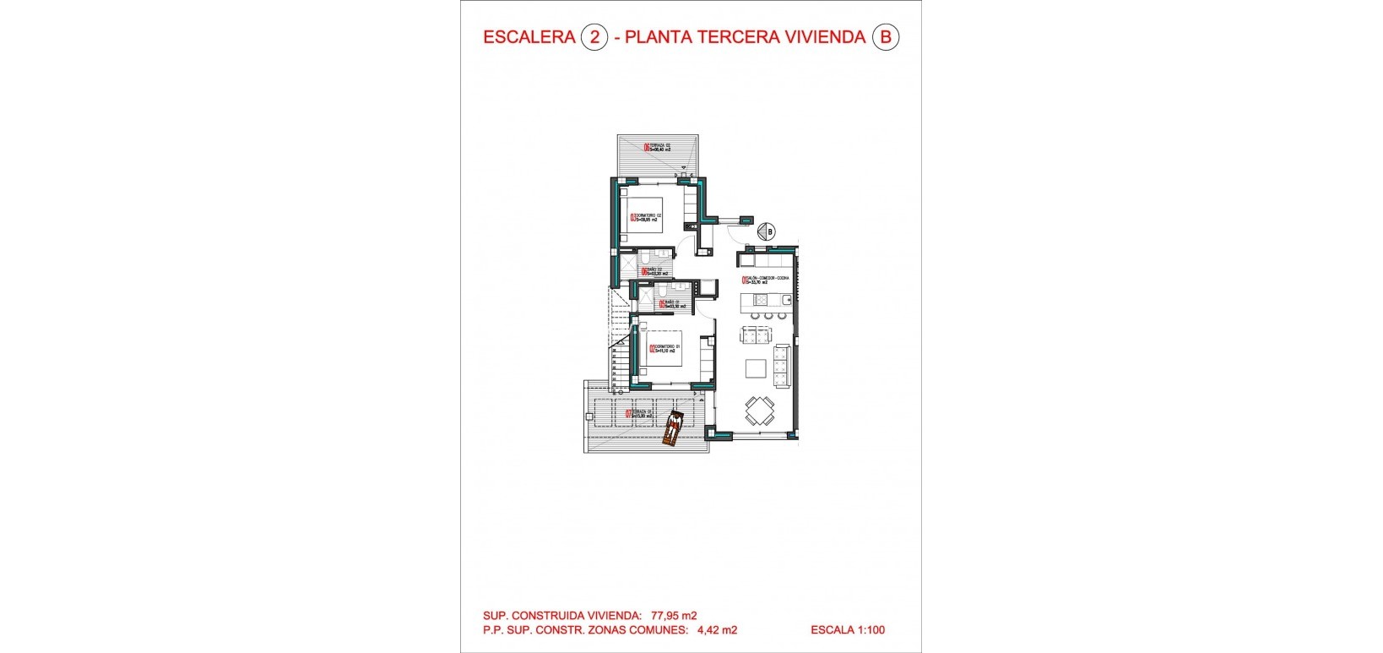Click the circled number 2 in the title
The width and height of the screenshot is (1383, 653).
pos(594,37)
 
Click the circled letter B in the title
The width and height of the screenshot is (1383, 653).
pos(885,37)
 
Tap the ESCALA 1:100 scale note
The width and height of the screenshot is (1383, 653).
pos(848,629)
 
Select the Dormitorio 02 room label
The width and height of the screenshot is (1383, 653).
pos(645,218)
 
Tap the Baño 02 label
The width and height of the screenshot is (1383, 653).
pos(655,272)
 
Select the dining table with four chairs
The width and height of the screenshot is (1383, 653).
pos(758,412)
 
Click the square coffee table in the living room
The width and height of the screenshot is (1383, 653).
pos(755,368)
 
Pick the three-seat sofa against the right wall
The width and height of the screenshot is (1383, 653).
pos(781,365)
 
